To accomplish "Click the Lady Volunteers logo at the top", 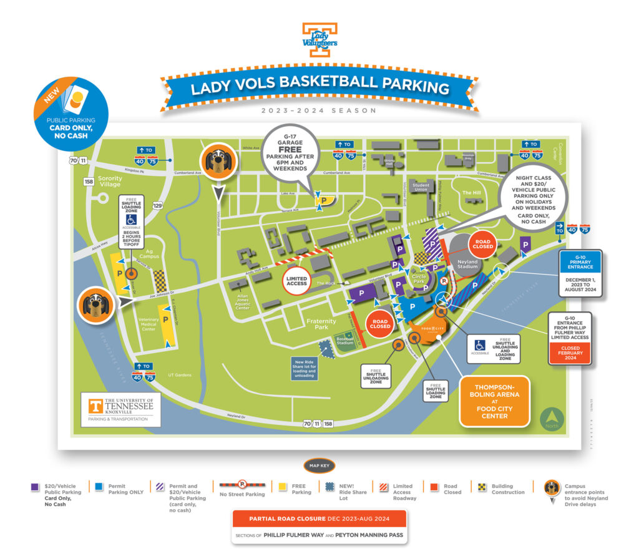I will coord(319,41).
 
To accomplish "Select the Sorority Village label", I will coord(109,182).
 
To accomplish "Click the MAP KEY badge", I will coord(319,465).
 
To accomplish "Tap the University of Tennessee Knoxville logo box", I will coord(120,409).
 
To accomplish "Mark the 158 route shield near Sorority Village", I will coord(90,182).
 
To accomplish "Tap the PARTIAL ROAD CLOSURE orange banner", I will coord(319,518).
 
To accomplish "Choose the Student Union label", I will coord(421,187).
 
